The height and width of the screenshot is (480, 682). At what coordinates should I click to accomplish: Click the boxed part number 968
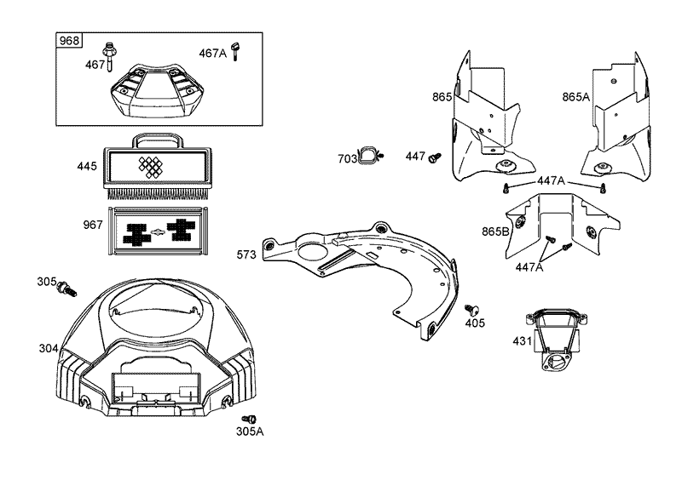tap(69, 40)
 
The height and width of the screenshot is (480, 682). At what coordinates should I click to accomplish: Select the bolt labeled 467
tap(108, 56)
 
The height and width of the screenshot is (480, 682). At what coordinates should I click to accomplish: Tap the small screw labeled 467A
tap(236, 51)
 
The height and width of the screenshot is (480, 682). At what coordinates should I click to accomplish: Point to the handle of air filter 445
tap(157, 140)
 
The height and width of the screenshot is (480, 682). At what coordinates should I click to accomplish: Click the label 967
tap(93, 225)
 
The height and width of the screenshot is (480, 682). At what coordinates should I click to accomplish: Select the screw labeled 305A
tap(249, 420)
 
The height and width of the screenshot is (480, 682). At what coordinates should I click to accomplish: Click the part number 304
tap(49, 348)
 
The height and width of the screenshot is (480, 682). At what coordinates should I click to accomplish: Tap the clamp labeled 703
tap(370, 156)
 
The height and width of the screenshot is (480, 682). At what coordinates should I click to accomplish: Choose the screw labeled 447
tap(435, 157)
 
